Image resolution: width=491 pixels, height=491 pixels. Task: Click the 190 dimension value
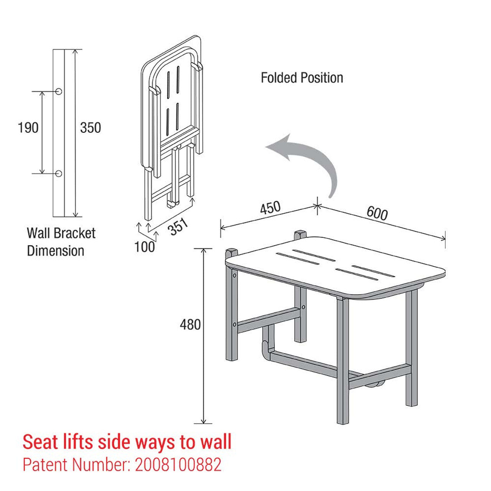click(x=28, y=127)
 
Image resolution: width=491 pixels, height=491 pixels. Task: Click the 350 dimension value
click(x=91, y=128)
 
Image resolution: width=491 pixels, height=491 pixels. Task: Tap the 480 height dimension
click(x=190, y=325)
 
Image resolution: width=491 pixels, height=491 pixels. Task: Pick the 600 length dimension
click(x=377, y=213)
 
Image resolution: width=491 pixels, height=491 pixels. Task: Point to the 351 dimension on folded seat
click(x=178, y=227)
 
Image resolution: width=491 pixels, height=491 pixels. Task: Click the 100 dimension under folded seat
click(x=145, y=247)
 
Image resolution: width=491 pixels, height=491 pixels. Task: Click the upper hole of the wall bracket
click(x=59, y=91)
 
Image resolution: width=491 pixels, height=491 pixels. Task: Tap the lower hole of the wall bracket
click(x=59, y=173)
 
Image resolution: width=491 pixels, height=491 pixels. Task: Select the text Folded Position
click(x=302, y=78)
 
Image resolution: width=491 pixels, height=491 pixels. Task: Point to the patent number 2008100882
click(x=178, y=465)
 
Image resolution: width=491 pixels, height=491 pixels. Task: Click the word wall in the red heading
click(x=216, y=442)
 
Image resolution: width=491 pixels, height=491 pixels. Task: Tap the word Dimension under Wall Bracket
click(x=56, y=251)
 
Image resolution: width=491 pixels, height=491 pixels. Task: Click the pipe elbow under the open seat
click(x=265, y=347)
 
